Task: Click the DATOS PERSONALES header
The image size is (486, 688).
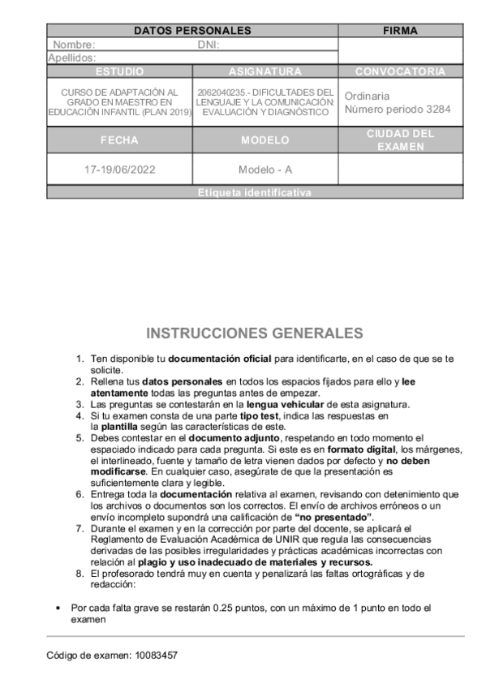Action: click(x=192, y=31)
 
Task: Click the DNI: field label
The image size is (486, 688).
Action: click(x=209, y=45)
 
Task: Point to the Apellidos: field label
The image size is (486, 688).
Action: click(x=72, y=58)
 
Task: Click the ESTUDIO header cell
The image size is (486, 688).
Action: click(x=119, y=71)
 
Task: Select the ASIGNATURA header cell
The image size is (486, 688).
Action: click(x=265, y=71)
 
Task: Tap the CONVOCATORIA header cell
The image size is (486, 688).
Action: click(x=400, y=71)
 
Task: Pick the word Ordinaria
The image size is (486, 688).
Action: click(x=367, y=96)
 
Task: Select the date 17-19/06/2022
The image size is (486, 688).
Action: click(x=119, y=170)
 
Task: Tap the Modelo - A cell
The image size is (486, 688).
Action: click(x=265, y=170)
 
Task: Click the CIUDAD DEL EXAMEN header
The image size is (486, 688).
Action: click(x=400, y=140)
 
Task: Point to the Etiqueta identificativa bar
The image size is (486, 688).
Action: click(x=254, y=193)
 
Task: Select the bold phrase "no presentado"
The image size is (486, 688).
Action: click(x=334, y=517)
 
